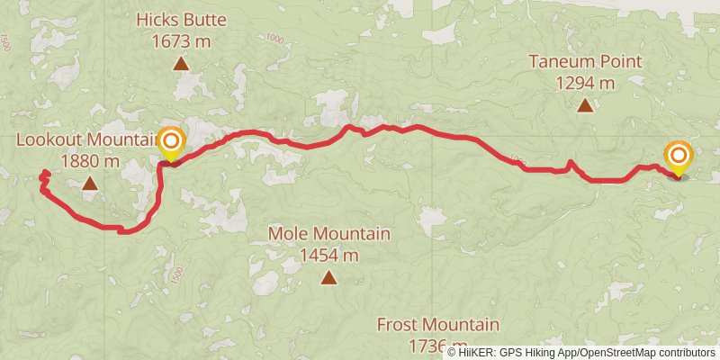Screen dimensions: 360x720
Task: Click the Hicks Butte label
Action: click(x=181, y=19)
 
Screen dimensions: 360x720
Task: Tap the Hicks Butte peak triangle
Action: click(x=181, y=64)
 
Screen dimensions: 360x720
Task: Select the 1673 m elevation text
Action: click(x=181, y=40)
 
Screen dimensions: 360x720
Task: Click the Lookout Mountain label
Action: click(x=86, y=140)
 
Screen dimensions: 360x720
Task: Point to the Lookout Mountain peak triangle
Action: click(x=89, y=184)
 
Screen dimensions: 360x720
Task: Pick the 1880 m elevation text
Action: click(x=90, y=162)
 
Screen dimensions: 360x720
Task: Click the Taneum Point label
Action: click(x=585, y=62)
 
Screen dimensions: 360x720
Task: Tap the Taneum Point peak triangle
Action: click(x=585, y=105)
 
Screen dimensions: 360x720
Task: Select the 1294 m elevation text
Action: click(x=585, y=84)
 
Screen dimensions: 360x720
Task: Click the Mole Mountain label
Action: click(x=329, y=234)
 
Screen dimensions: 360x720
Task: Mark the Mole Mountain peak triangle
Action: click(x=329, y=278)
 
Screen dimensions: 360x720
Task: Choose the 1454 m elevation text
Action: click(x=329, y=256)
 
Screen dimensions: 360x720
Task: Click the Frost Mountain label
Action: click(x=437, y=324)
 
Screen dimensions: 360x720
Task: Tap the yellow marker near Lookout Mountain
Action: click(x=171, y=141)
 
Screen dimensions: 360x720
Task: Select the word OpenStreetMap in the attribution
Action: click(x=616, y=352)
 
